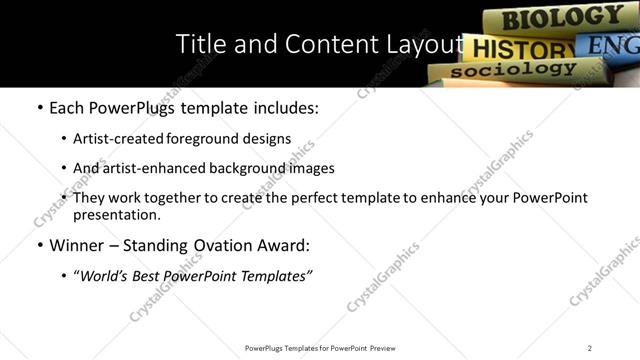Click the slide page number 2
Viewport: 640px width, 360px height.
[x=590, y=347]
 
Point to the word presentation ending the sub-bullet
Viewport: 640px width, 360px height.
[x=115, y=214]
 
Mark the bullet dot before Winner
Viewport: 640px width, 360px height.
[x=39, y=245]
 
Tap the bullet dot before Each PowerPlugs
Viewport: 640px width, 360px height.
[x=39, y=109]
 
